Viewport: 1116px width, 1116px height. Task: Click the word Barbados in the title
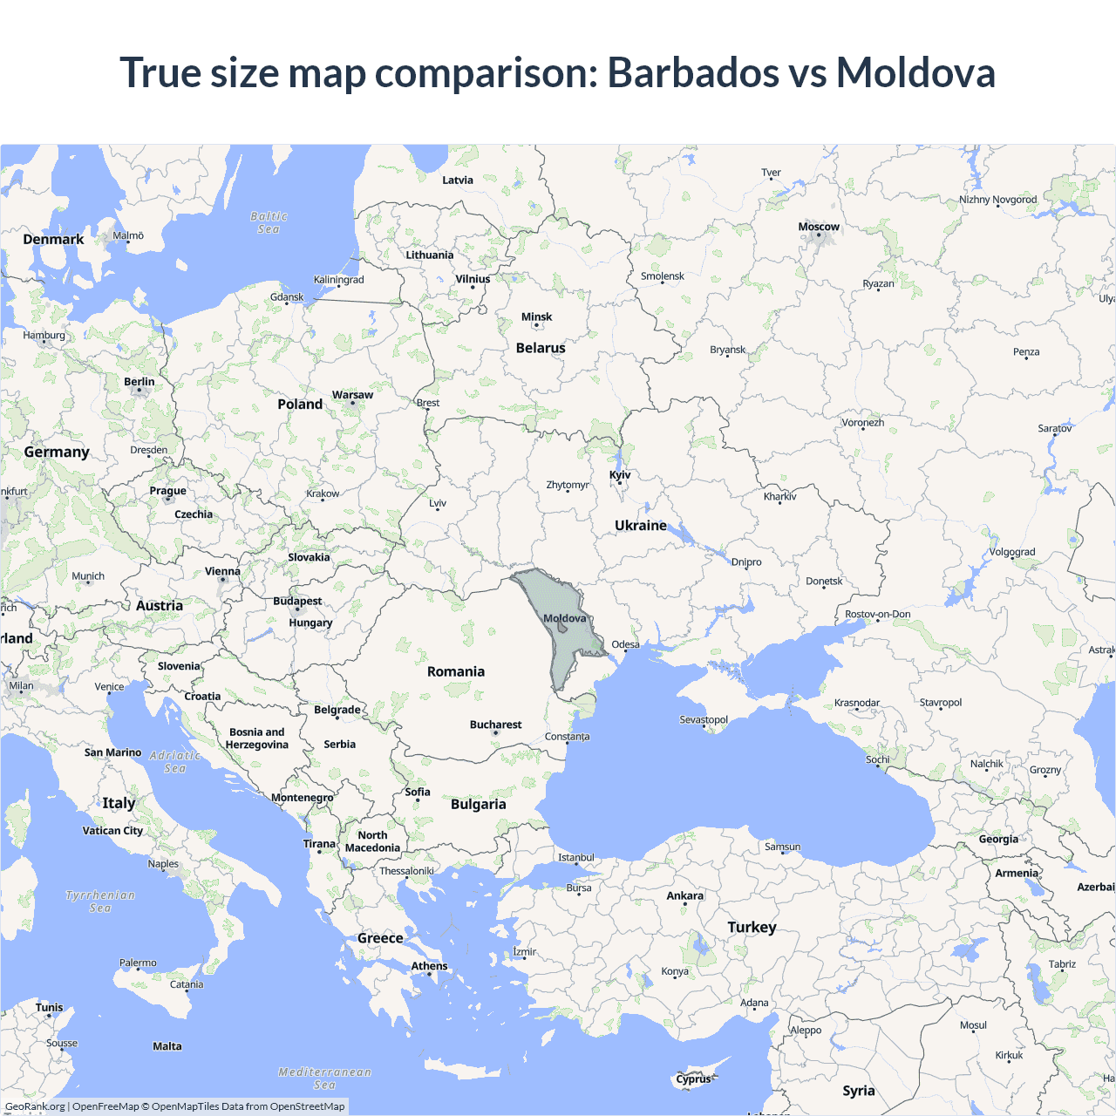[692, 72]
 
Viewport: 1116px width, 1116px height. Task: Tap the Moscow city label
[819, 227]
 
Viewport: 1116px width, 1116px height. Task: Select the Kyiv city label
[620, 475]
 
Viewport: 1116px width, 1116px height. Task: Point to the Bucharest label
[495, 725]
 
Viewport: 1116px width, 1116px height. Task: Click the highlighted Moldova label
[565, 618]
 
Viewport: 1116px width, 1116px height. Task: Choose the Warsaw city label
[352, 395]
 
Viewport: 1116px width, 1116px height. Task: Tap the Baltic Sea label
[269, 222]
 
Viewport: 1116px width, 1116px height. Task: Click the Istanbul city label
[576, 857]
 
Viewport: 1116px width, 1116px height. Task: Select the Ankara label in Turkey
[684, 895]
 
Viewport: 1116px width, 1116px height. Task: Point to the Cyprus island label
[693, 1079]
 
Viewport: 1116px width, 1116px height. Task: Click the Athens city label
[429, 965]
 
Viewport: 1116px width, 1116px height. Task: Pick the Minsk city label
[536, 317]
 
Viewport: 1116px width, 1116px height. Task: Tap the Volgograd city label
[1012, 552]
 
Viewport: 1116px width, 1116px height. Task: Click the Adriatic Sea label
[175, 762]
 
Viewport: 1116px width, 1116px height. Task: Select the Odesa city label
[625, 644]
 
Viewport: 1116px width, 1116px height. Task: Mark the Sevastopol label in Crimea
[704, 719]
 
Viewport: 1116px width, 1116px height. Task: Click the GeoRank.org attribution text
[35, 1106]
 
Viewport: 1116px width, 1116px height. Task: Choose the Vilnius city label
[473, 279]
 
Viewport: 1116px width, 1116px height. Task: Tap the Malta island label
[167, 1046]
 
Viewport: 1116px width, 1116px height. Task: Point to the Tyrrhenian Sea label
[100, 902]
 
